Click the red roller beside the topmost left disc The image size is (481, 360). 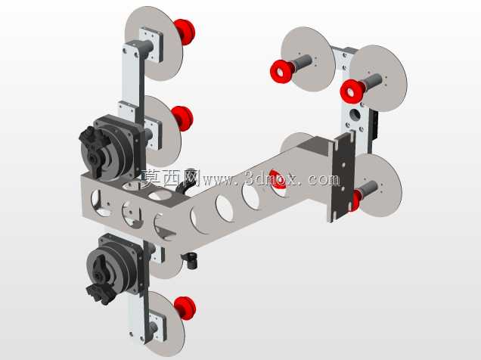(185, 32)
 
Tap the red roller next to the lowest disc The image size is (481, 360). (185, 308)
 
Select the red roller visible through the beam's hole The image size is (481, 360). (278, 182)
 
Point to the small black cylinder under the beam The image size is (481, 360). (191, 261)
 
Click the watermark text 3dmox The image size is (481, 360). (272, 178)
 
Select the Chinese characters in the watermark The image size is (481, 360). (171, 178)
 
